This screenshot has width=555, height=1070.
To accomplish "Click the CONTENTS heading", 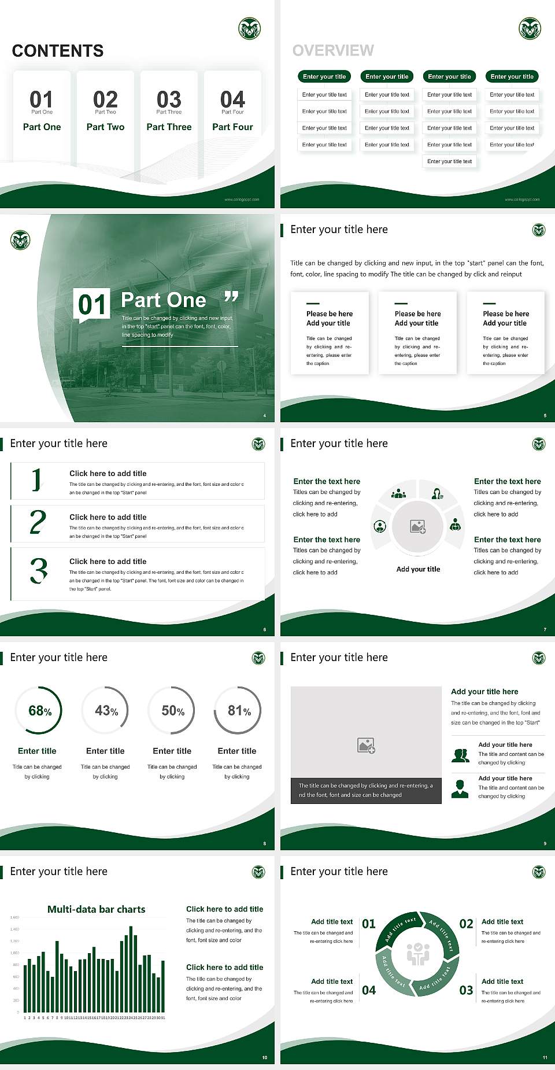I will pyautogui.click(x=58, y=51).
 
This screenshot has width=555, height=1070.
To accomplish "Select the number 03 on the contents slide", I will pyautogui.click(x=169, y=99).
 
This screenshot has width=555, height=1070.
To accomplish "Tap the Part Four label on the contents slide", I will pyautogui.click(x=232, y=127).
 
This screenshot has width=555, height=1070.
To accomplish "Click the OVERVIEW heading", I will pyautogui.click(x=333, y=51).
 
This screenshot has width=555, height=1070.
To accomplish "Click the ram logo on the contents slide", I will pyautogui.click(x=250, y=28).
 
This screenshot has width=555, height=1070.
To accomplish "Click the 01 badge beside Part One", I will pyautogui.click(x=92, y=305).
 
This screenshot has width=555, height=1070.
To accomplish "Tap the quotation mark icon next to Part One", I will pyautogui.click(x=231, y=297).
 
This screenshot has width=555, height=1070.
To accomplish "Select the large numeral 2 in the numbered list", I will pyautogui.click(x=38, y=522).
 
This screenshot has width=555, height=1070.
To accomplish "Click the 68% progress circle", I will pyautogui.click(x=39, y=711).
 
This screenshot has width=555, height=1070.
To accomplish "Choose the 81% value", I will pyautogui.click(x=239, y=711).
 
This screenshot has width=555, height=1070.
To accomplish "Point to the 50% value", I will pyautogui.click(x=173, y=711).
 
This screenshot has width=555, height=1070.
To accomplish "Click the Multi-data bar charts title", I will pyautogui.click(x=97, y=909).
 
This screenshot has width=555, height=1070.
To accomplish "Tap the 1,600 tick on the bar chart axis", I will pyautogui.click(x=14, y=917).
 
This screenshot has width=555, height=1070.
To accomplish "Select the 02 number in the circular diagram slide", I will pyautogui.click(x=466, y=924).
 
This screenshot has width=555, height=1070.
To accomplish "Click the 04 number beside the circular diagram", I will pyautogui.click(x=369, y=990).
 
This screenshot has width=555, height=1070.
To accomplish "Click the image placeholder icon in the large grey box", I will pyautogui.click(x=367, y=746).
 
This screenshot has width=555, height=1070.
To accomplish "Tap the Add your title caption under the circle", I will pyautogui.click(x=418, y=569).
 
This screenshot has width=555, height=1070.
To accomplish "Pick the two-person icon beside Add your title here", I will pyautogui.click(x=460, y=755).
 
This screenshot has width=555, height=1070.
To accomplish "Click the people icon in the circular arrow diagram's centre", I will pyautogui.click(x=418, y=954).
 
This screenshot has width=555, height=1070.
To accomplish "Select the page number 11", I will pyautogui.click(x=545, y=1057).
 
